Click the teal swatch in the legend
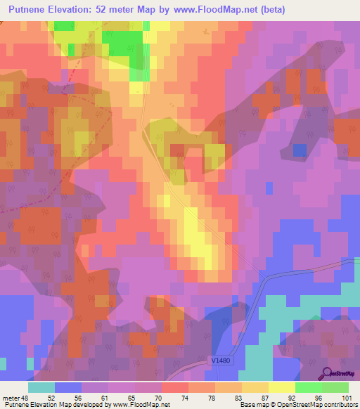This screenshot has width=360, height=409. click(x=41, y=387)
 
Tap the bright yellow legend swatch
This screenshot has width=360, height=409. click(x=281, y=387)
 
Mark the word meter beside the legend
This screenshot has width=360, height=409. click(x=11, y=397)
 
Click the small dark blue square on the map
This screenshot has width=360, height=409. click(x=300, y=150)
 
